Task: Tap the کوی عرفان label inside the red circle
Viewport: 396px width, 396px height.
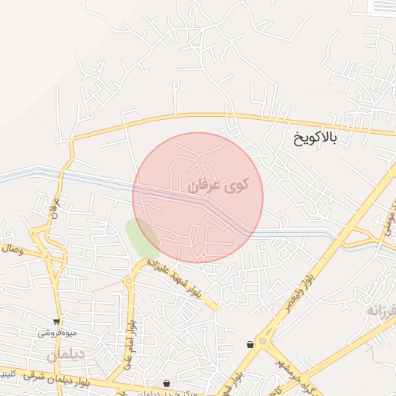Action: coord(219,186)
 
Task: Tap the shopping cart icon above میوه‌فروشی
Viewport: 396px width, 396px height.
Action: coord(56,321)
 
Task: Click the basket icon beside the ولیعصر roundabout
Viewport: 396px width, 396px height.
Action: coord(251,344)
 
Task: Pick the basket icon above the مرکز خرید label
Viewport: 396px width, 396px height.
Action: coord(167,383)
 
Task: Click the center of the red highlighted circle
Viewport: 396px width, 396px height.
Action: coord(199,197)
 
